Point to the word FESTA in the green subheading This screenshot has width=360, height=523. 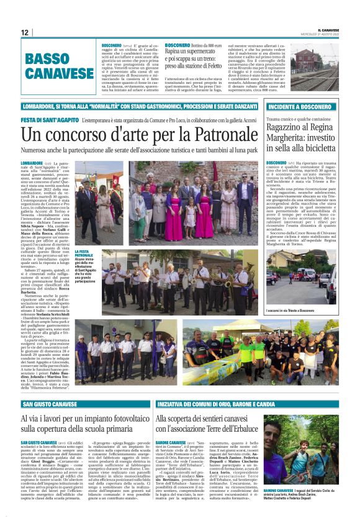[x=29, y=118]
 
